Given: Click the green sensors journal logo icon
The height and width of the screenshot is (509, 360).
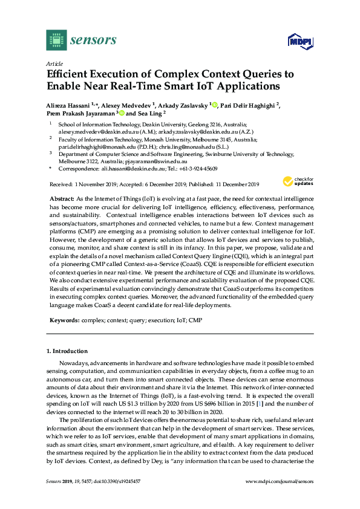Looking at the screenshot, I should coord(56,41).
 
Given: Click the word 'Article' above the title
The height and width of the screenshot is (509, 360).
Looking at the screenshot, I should coord(54,63).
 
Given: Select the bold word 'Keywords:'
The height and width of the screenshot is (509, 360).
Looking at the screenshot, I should coord(64,319).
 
